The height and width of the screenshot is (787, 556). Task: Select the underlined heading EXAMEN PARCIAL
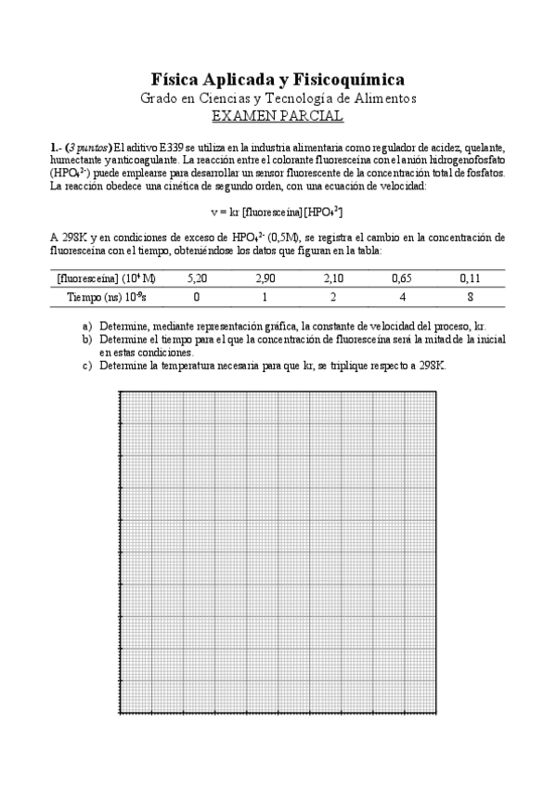(278, 116)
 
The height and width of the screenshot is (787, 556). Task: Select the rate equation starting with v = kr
(278, 213)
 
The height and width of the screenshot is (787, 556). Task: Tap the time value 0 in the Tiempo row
(196, 297)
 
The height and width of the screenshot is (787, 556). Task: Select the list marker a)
(87, 326)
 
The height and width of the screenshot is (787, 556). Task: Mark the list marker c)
(87, 366)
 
